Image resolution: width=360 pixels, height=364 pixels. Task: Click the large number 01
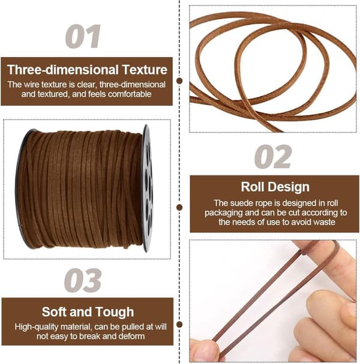83,36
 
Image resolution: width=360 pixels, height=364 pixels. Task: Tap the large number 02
273,156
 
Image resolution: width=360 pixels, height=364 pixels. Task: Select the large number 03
83,280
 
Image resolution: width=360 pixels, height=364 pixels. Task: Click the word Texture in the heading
145,70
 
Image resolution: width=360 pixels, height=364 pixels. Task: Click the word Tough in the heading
115,312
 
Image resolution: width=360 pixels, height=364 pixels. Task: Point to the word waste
324,222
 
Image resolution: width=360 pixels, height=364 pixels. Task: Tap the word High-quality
37,327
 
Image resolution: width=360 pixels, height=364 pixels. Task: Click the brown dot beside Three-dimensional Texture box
179,80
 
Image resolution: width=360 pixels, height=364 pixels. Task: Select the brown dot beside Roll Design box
179,207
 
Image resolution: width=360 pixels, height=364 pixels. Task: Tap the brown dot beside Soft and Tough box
179,324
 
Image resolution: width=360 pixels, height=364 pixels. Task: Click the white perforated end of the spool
147,188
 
